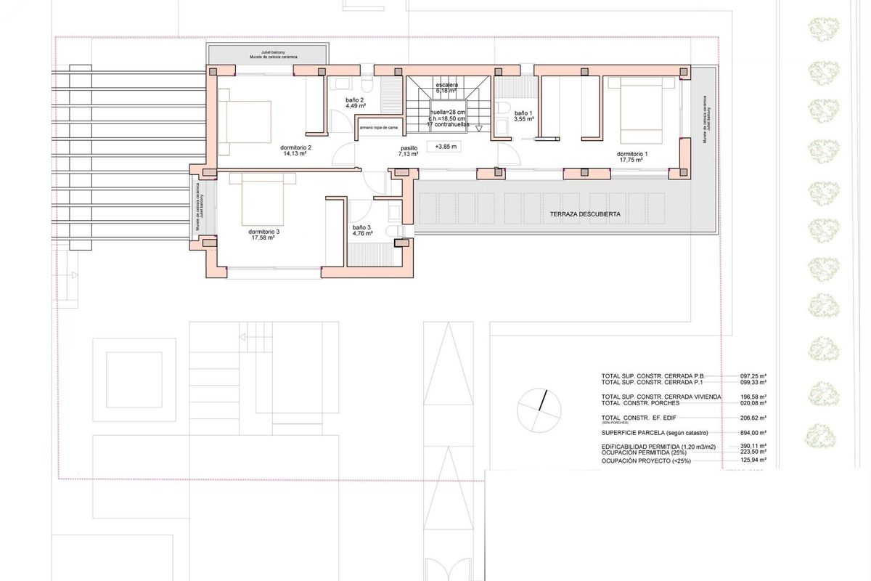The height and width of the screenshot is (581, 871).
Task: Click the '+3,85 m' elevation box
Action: [x=446, y=147]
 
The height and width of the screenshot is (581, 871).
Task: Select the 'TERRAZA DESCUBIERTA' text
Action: [x=586, y=215]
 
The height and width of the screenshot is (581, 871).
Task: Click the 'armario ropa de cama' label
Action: [x=379, y=128]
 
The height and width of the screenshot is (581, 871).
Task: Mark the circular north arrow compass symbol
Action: [x=539, y=410]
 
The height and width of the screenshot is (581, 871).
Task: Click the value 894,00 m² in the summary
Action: [x=753, y=433]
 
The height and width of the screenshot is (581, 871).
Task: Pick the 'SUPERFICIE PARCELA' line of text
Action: [x=654, y=433]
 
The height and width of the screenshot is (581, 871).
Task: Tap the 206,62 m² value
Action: [x=753, y=418]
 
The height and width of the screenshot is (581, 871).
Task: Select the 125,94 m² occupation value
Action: [x=753, y=460]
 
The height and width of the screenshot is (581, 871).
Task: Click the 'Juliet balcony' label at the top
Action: [x=268, y=52]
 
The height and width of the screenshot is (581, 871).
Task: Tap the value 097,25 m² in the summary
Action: [x=753, y=376]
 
